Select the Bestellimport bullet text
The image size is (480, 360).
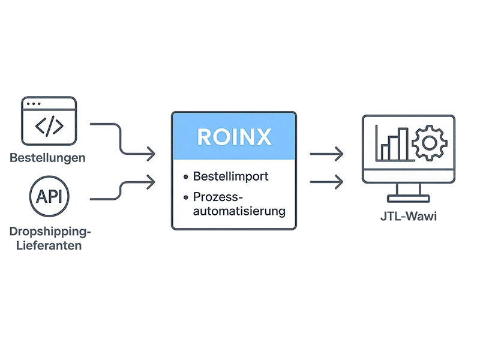(x=230, y=176)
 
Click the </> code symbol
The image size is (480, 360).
(x=48, y=127)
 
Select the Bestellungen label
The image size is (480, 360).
(x=47, y=158)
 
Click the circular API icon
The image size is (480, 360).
(x=49, y=196)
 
